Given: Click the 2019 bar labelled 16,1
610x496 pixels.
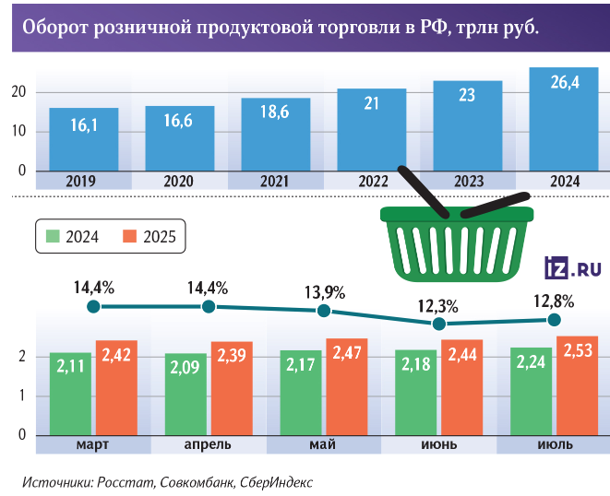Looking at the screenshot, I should point(83,139).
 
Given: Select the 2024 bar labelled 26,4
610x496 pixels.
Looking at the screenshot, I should point(563,120).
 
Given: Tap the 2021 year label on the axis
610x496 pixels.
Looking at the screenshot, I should point(275,182).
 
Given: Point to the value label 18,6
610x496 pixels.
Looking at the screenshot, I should point(275,136).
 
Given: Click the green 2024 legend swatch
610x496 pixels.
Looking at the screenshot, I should point(54,238).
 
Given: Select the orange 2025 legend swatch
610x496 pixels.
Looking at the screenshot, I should point(130,238).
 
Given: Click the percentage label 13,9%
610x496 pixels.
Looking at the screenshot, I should point(324,293).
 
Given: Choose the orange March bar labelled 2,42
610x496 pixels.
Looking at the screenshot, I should point(115,387).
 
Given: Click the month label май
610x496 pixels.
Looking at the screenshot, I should point(324,445).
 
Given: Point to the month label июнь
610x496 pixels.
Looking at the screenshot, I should point(439,445).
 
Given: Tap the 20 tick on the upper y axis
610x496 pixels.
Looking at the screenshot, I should point(18,91).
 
